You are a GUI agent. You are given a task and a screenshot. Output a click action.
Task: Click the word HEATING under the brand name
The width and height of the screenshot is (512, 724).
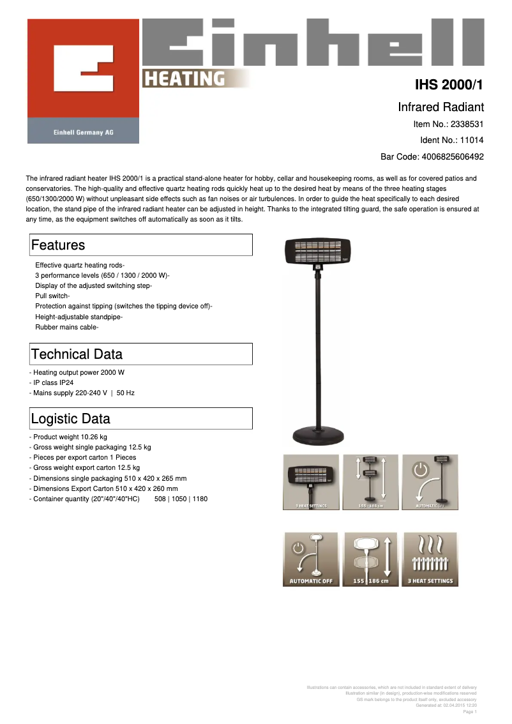184,79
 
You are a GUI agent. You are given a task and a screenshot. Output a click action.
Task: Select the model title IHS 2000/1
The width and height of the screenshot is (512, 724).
449,85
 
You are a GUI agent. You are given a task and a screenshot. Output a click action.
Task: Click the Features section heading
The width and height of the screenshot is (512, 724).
58,245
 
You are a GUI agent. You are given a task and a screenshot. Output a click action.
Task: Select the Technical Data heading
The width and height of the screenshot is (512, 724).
77,354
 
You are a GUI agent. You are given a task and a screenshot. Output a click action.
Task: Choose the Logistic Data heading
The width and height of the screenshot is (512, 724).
71,419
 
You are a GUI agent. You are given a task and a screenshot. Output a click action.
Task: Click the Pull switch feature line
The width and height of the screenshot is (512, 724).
52,296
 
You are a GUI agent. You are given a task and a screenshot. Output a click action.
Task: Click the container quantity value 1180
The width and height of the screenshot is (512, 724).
200,499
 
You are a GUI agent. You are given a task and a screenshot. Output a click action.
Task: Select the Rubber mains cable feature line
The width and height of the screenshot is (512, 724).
66,327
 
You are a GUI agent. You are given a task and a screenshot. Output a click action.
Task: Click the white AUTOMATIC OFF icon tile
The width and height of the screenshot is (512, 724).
311,559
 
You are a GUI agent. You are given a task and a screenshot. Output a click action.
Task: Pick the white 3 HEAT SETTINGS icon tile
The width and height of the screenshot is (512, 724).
430,559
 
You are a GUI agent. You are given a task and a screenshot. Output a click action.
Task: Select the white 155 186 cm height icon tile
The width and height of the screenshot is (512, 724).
370,559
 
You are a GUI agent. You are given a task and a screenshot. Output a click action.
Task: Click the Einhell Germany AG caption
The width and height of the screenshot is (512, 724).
83,132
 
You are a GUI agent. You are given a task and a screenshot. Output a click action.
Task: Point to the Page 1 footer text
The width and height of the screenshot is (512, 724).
469,711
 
